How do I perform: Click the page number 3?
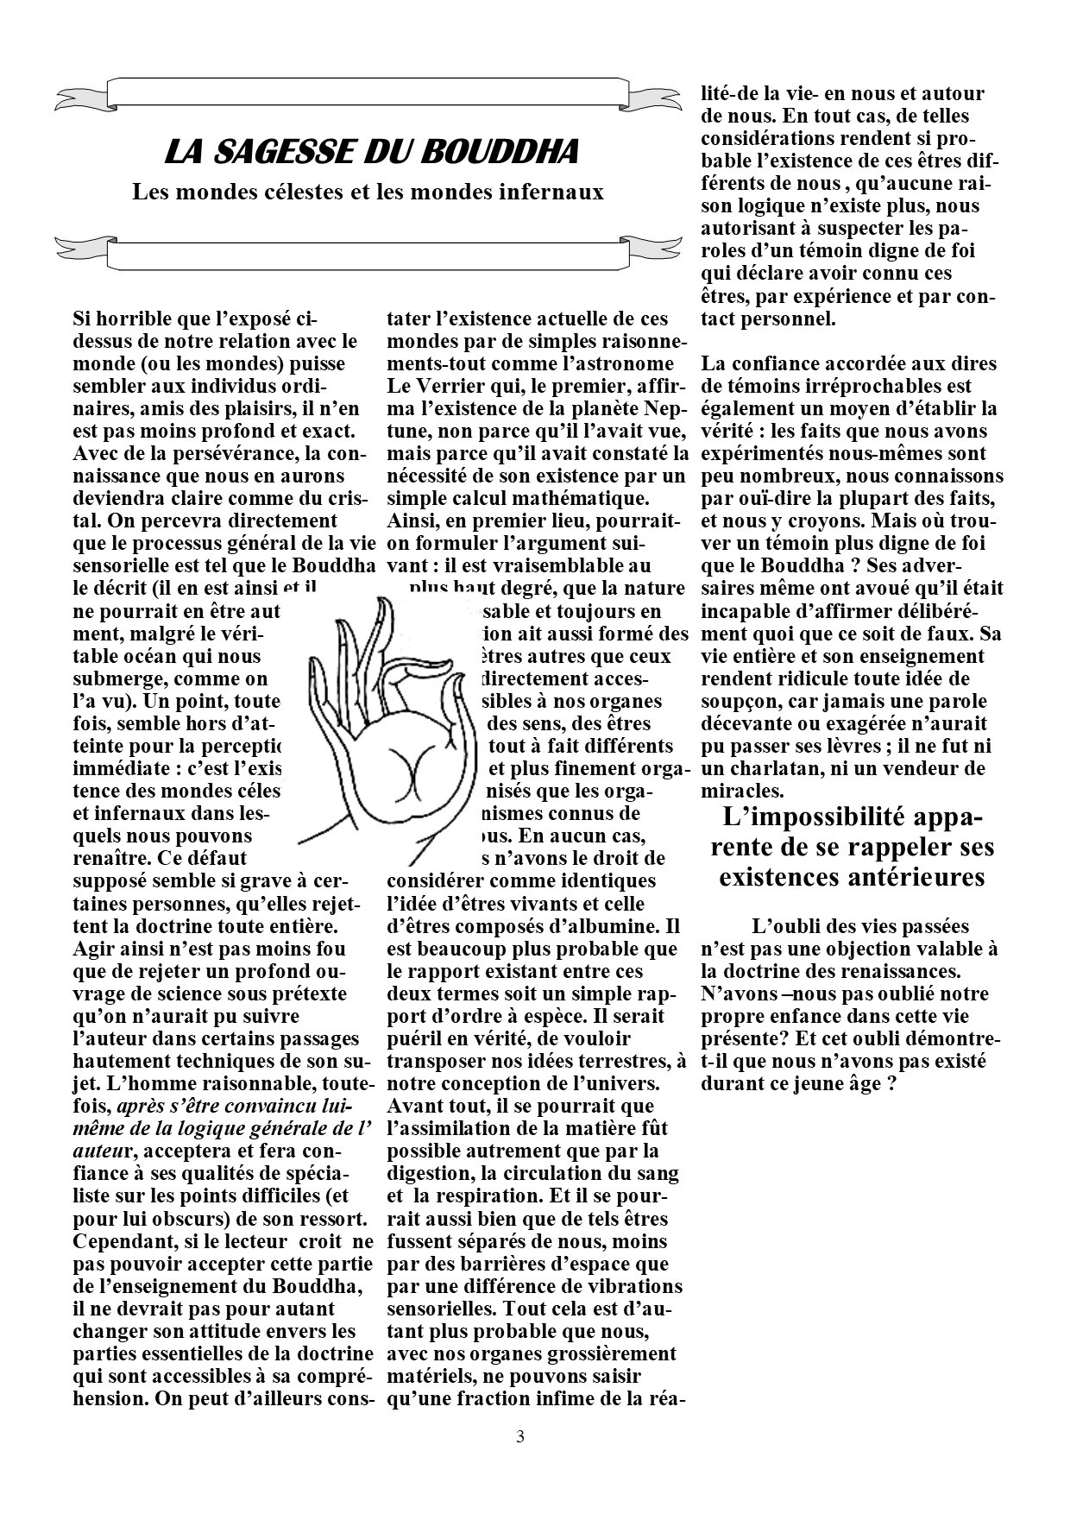click(x=519, y=1437)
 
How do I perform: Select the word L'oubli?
click(x=786, y=927)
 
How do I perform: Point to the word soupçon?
click(x=741, y=701)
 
